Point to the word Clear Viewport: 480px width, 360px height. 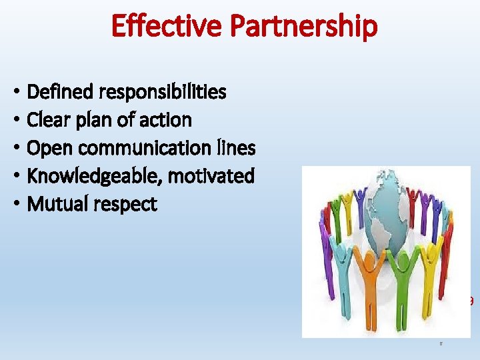[x=46, y=120]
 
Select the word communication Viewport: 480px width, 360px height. [x=138, y=148]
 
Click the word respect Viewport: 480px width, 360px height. [x=126, y=205]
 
